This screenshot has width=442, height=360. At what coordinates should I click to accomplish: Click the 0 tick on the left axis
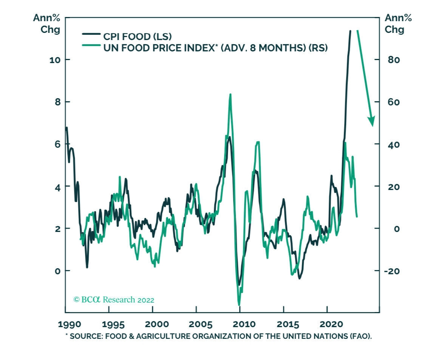click(x=57, y=271)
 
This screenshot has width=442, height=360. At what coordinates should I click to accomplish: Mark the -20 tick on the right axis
click(x=392, y=271)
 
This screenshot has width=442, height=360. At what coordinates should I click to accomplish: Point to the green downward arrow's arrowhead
click(x=372, y=122)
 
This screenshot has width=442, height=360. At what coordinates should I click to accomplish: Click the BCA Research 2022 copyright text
click(x=114, y=300)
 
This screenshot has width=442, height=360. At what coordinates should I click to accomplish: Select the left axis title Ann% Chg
click(x=47, y=23)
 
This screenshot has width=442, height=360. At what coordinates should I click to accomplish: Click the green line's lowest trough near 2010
click(x=239, y=304)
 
